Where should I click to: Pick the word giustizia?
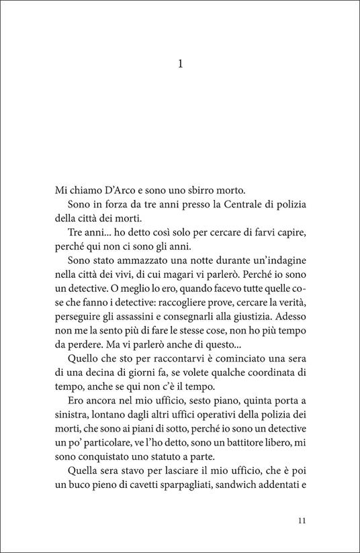pos(262,308)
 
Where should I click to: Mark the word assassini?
pos(140,308)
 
